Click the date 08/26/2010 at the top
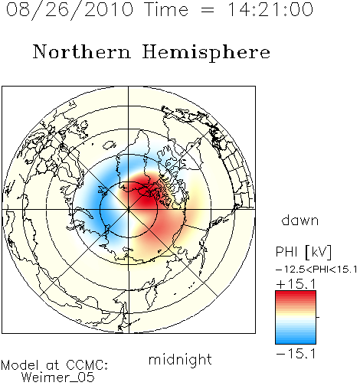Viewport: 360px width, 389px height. [x=70, y=10]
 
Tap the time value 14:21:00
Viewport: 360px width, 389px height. [x=270, y=9]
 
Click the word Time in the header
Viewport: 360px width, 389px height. [x=166, y=9]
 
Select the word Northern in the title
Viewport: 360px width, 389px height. [x=82, y=51]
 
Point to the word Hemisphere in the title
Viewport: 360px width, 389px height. [x=206, y=52]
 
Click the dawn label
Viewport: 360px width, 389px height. [x=300, y=221]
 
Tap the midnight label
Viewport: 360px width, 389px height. [x=180, y=359]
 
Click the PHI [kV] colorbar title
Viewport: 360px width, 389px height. [x=303, y=252]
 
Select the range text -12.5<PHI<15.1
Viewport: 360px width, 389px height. [x=316, y=270]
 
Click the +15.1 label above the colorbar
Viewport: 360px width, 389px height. [x=296, y=284]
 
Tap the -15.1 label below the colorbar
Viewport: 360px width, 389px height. [x=296, y=354]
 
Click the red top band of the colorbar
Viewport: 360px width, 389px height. [x=296, y=294]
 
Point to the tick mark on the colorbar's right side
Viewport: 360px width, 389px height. [x=318, y=317]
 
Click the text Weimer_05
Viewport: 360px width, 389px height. [x=58, y=378]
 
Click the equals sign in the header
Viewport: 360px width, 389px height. [x=208, y=11]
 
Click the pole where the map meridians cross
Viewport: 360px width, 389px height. [x=129, y=210]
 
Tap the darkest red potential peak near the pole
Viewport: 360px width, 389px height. [x=144, y=194]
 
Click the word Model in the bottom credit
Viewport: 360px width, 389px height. [x=20, y=365]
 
